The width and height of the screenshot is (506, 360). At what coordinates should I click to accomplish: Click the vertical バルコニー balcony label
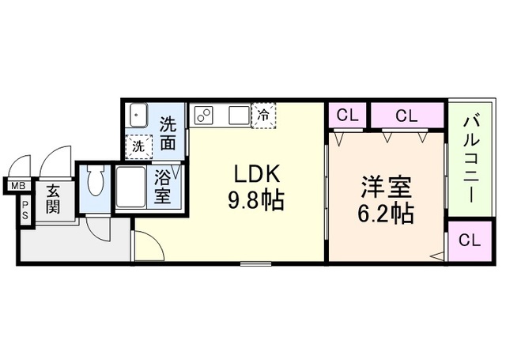[x=471, y=158]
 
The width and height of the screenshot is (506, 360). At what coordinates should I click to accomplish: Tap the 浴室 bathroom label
[x=164, y=188]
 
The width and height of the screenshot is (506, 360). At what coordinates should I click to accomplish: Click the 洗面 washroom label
[x=168, y=133]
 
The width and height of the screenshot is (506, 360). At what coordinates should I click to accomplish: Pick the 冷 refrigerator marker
[x=262, y=115]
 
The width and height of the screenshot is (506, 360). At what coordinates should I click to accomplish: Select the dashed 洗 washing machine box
[x=138, y=146]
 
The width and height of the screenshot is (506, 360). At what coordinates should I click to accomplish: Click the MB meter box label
[x=16, y=187]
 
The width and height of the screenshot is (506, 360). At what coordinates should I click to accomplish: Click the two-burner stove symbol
[x=203, y=116]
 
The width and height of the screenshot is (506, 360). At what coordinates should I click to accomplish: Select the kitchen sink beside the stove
[x=238, y=116]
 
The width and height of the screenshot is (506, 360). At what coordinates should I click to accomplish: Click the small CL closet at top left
[x=347, y=116]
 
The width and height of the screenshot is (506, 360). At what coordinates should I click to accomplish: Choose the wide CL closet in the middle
[x=407, y=116]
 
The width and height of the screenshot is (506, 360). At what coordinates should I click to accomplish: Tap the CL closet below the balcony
[x=469, y=241]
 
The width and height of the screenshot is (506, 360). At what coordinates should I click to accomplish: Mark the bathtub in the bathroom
[x=130, y=188]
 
